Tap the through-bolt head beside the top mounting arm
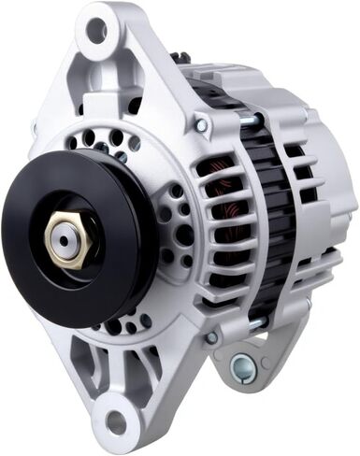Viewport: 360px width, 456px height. click(202, 124)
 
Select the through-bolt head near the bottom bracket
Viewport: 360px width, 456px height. click(212, 337)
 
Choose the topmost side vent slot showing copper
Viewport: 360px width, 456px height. click(210, 168)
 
